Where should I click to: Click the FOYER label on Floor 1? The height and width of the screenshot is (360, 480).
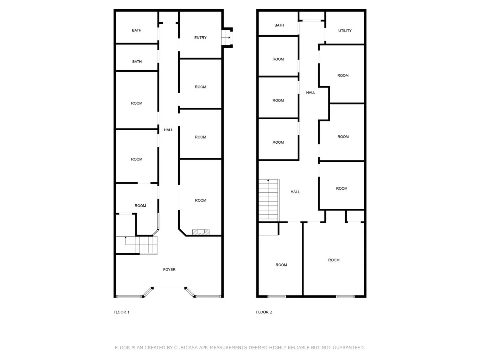coord(169,269)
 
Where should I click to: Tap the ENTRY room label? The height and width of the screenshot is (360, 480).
coord(200,38)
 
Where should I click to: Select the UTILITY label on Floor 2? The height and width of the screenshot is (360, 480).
coord(345,31)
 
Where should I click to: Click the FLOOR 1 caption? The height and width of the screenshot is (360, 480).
coord(121,312)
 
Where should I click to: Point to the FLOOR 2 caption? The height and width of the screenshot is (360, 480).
coord(264,312)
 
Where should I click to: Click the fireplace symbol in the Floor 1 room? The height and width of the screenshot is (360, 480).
coord(201,232)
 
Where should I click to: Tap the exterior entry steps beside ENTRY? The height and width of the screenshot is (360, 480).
coord(227,37)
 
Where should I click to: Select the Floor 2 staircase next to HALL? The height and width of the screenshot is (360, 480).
coord(269,200)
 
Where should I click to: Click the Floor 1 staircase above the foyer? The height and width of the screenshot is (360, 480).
coord(136,245)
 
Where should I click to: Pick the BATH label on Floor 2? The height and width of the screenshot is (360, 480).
coord(279,25)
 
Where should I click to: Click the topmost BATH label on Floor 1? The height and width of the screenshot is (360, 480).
coord(137,30)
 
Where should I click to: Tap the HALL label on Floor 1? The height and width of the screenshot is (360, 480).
coord(168,130)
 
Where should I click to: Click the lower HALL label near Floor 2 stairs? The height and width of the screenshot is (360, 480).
coord(295,192)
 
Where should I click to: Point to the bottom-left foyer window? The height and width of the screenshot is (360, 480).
coord(129,296)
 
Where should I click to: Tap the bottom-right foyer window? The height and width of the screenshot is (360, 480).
coord(208,296)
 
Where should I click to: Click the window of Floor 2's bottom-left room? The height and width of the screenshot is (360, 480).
coord(277,296)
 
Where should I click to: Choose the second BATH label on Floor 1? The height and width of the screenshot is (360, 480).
coord(137,62)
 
